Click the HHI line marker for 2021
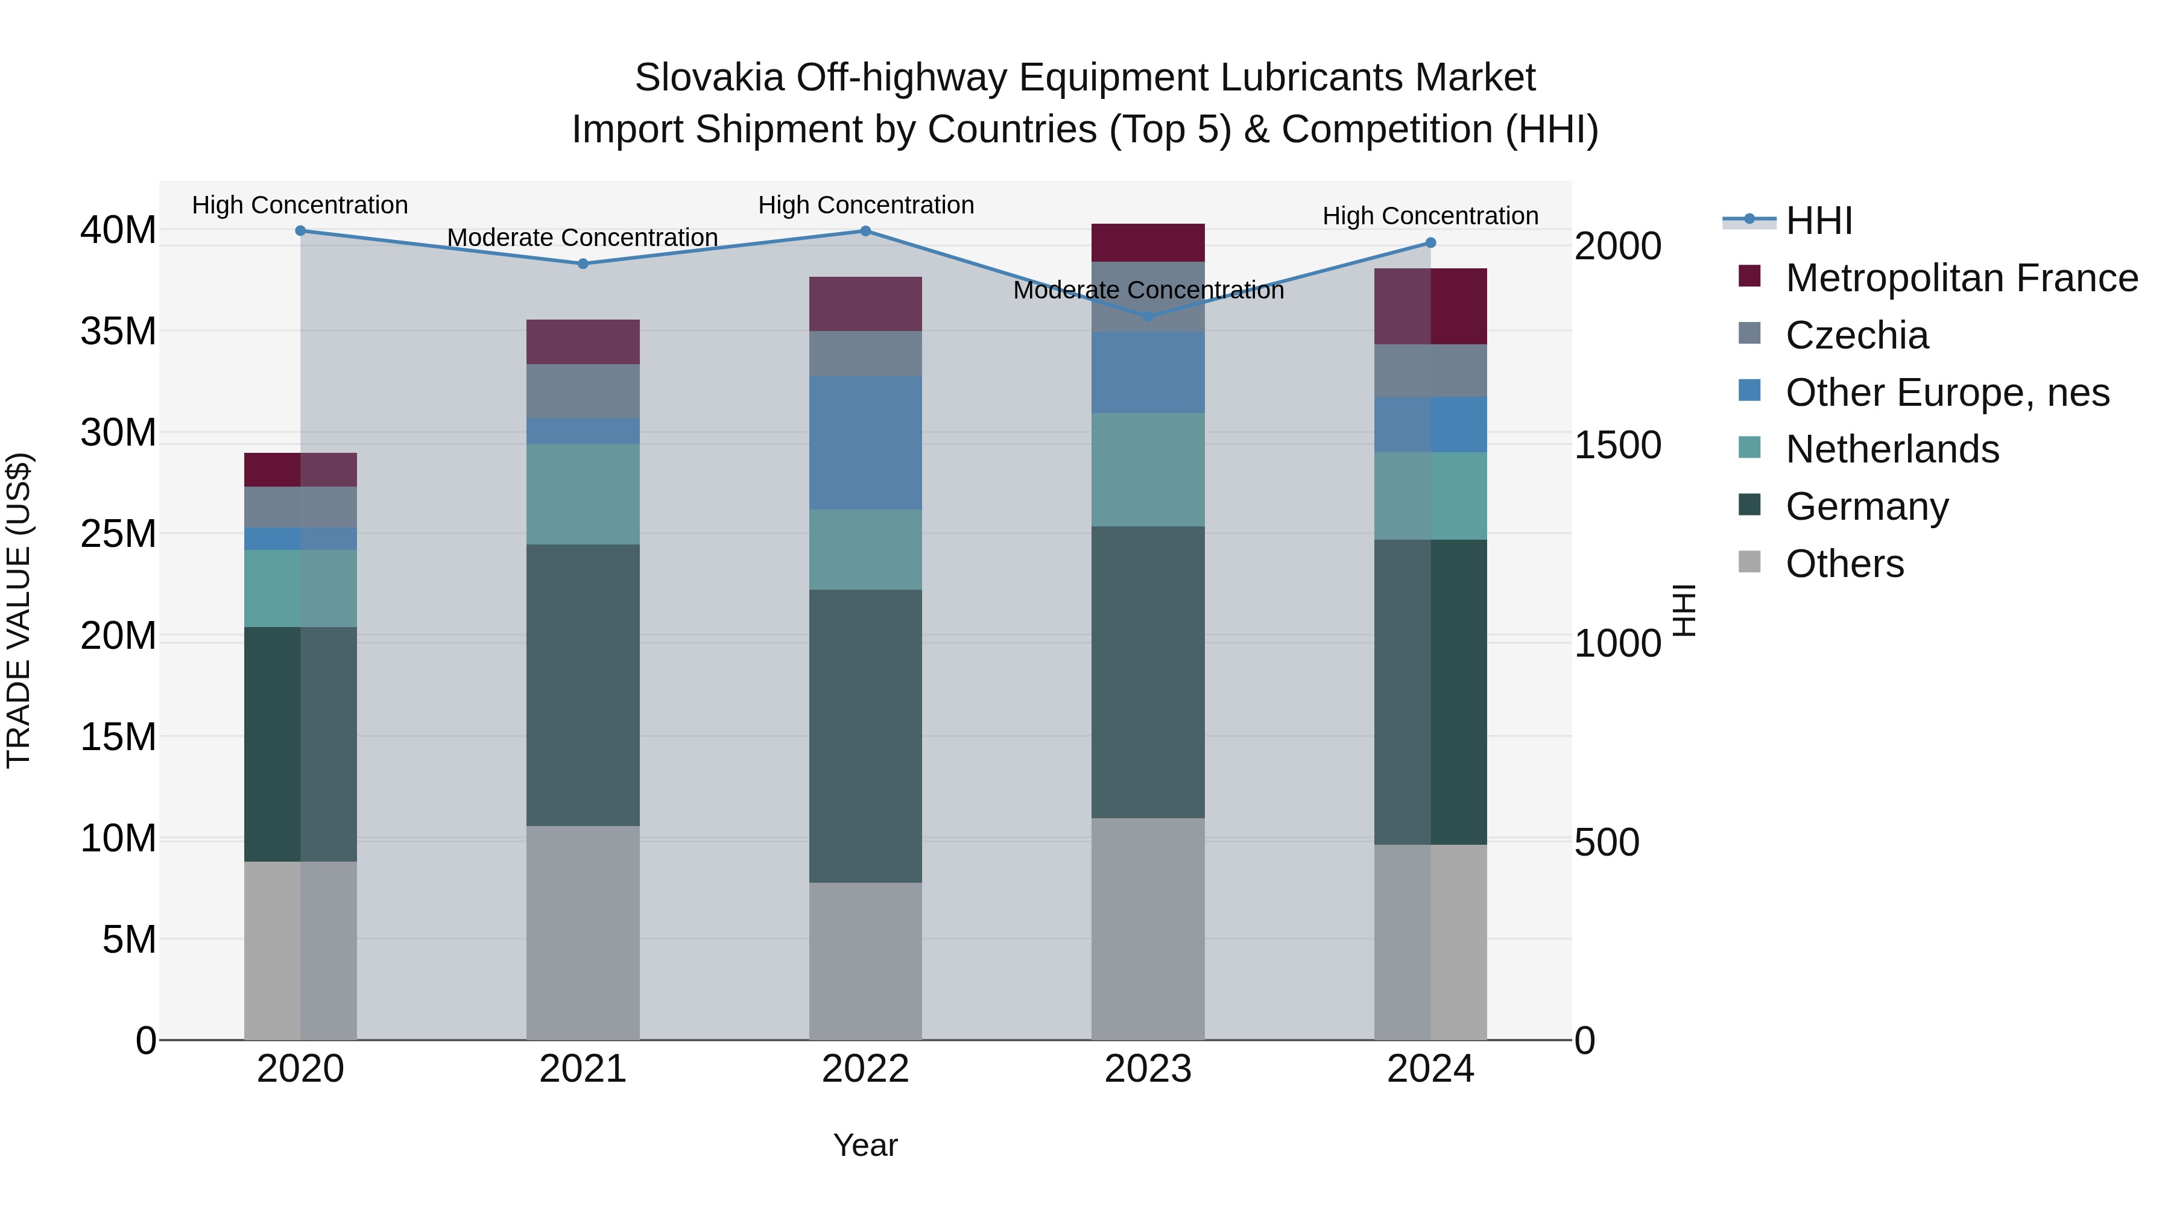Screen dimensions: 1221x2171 583,263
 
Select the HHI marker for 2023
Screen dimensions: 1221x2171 1147,317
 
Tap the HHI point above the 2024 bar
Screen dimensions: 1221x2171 1430,242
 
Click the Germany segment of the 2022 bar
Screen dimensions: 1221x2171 865,736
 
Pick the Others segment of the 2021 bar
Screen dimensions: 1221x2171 583,932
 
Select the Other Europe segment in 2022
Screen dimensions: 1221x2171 865,443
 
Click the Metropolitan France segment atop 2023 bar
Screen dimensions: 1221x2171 1147,242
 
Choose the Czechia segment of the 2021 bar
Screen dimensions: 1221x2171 583,391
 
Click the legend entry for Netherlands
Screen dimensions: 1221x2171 1891,449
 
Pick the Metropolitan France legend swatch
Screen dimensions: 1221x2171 1749,276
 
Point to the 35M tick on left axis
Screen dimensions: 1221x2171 118,331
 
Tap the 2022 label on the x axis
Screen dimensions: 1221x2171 865,1069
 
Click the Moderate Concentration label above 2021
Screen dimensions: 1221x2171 583,238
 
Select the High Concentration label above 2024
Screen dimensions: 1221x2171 1430,216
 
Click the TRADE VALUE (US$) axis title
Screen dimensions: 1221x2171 19,610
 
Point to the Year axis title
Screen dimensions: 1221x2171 865,1145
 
